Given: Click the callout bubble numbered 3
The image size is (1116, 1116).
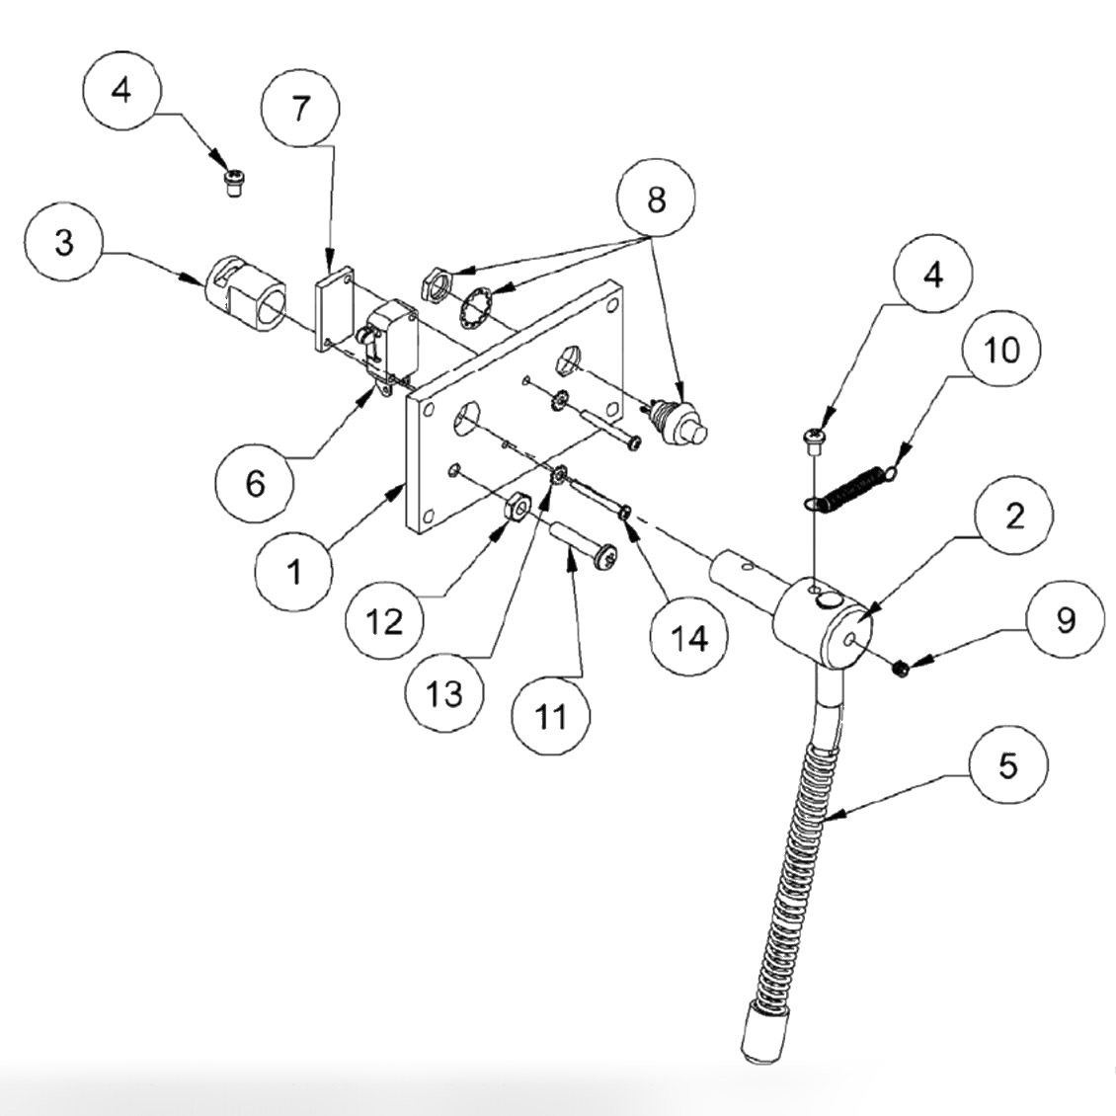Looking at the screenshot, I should coord(64,243).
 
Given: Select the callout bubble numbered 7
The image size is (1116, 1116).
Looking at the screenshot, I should coord(300,108).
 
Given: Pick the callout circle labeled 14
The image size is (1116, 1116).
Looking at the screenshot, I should coord(689,638).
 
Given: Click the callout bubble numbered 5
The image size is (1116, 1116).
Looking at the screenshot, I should coord(1007,765).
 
